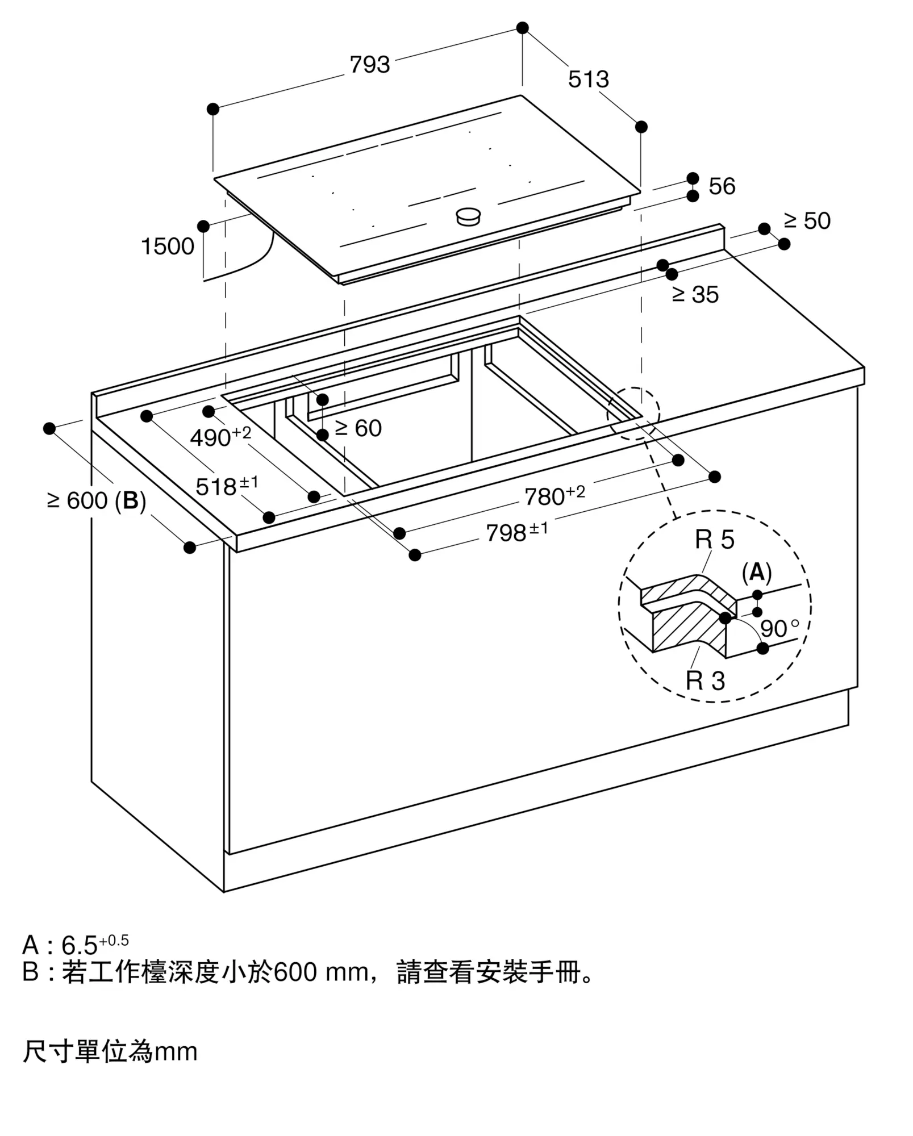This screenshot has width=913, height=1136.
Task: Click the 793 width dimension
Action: (370, 65)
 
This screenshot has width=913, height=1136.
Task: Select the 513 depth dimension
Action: (589, 80)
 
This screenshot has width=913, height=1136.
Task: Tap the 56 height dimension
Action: (722, 186)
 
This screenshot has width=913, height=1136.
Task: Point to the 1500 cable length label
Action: (168, 247)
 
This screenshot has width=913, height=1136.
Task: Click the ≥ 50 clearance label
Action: (807, 221)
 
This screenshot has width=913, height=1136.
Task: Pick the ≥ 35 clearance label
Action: (695, 294)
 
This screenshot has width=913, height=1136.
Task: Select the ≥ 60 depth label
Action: (358, 428)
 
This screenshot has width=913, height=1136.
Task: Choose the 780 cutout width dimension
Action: (555, 495)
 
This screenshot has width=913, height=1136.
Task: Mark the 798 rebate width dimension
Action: (517, 532)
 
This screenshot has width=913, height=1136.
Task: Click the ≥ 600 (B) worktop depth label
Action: (97, 501)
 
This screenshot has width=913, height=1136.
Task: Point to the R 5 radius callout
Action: (714, 540)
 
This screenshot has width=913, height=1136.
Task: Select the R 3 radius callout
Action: (705, 680)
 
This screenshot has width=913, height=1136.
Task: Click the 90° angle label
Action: (779, 628)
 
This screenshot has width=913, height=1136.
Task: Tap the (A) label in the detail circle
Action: (757, 573)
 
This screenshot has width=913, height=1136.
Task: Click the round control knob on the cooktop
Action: (469, 216)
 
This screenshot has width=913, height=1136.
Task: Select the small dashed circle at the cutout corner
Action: (633, 414)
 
